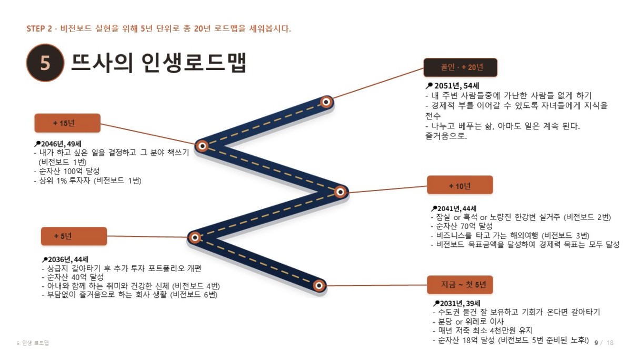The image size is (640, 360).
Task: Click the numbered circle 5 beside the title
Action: pyautogui.click(x=45, y=63)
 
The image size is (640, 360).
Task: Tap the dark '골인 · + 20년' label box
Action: pyautogui.click(x=461, y=67)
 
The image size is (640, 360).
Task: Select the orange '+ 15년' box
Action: pyautogui.click(x=67, y=123)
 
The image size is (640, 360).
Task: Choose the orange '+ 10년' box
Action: pyautogui.click(x=460, y=185)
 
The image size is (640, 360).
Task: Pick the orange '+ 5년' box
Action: pyautogui.click(x=74, y=236)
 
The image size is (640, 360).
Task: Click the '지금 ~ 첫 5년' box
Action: pyautogui.click(x=460, y=285)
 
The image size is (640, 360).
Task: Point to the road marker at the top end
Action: pyautogui.click(x=326, y=102)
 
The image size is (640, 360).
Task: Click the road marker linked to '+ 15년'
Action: pyautogui.click(x=202, y=146)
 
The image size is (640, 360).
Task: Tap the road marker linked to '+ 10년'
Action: pyautogui.click(x=340, y=192)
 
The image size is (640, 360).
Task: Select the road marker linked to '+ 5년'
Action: pyautogui.click(x=195, y=237)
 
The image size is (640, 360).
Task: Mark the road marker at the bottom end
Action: pyautogui.click(x=319, y=285)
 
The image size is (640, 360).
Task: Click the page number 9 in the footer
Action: pyautogui.click(x=596, y=343)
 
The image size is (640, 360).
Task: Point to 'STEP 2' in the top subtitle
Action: pyautogui.click(x=39, y=29)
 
